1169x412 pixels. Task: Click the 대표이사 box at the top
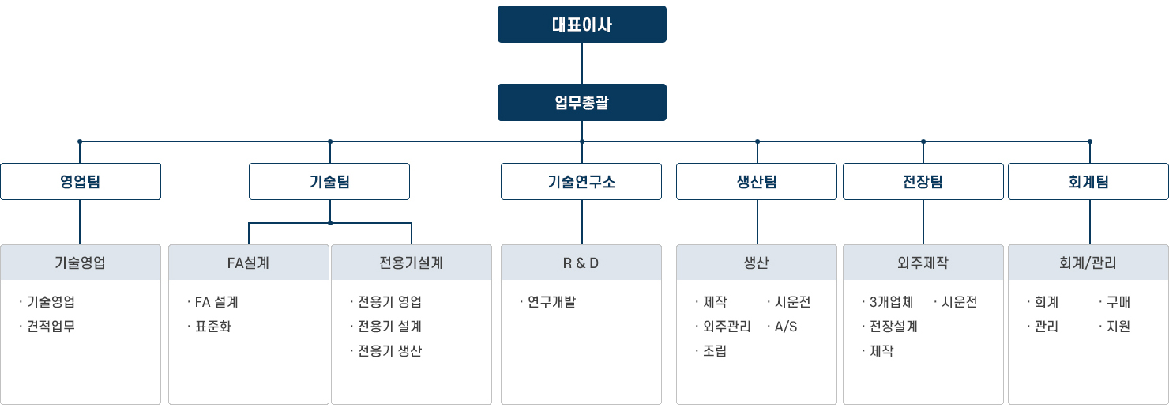tap(581, 24)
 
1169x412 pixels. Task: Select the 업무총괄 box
tap(581, 102)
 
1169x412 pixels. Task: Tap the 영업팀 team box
tap(80, 181)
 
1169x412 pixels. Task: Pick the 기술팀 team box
tap(329, 181)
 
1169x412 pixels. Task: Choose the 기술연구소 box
tap(581, 181)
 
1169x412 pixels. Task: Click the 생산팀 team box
tap(757, 181)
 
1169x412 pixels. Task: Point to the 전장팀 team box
tap(923, 181)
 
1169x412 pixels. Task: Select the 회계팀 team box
tap(1088, 181)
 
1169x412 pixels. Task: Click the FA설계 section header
tap(248, 263)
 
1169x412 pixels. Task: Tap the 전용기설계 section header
tap(411, 263)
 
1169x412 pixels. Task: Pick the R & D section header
tap(581, 263)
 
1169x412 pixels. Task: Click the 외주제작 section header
tap(923, 263)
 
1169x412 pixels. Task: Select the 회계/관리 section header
tap(1088, 263)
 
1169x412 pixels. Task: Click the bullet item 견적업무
tap(51, 326)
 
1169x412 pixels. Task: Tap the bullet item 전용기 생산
tap(389, 350)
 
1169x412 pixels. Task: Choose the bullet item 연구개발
tap(552, 301)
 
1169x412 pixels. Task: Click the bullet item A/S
tap(786, 326)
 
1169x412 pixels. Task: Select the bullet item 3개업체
tap(891, 301)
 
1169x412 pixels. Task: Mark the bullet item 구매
tap(1118, 301)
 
